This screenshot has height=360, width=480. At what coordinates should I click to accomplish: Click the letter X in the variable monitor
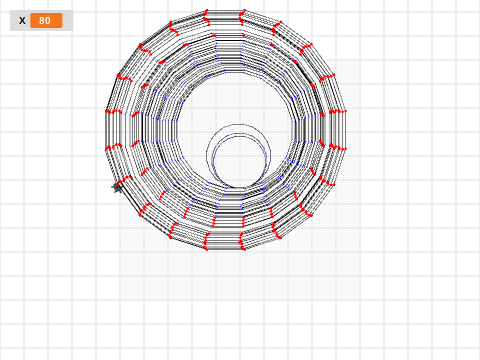coord(22,21)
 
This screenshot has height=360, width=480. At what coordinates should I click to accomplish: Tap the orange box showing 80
coord(46,21)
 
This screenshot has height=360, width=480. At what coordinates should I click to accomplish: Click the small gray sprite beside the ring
coord(117,188)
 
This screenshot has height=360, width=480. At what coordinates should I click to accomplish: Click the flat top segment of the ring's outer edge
coord(225,10)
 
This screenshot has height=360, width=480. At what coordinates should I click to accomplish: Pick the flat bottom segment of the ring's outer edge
coord(225,249)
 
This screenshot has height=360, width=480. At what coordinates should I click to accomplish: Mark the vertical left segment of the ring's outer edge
coord(106,130)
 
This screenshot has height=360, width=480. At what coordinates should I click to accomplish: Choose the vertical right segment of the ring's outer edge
coord(345,130)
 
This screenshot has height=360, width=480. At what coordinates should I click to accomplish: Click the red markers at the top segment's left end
coord(207,17)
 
